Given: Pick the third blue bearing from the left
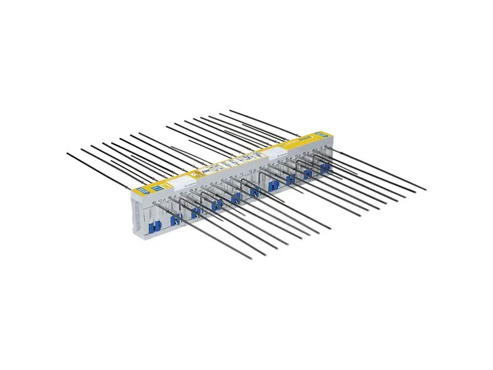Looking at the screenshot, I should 195,213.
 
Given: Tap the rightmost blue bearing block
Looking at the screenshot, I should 324,168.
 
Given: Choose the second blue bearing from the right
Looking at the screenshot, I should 308,173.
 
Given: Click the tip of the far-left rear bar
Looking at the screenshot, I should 66,152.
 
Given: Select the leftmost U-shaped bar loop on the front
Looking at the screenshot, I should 183,203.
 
